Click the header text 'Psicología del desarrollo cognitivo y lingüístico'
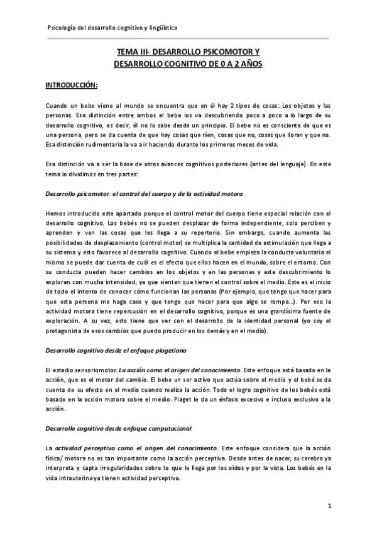[112, 28]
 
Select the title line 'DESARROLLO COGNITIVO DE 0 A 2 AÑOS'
[188, 64]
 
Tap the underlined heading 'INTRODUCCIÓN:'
[71, 84]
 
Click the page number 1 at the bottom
[329, 506]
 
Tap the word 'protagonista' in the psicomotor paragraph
[67, 331]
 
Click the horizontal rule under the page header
[188, 38]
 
